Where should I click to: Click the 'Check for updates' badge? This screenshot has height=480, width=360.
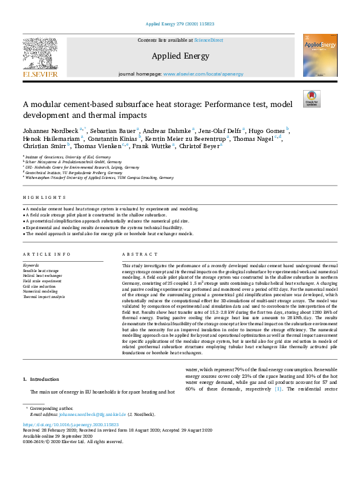coord(312,99)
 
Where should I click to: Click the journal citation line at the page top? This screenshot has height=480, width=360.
coord(180,25)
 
